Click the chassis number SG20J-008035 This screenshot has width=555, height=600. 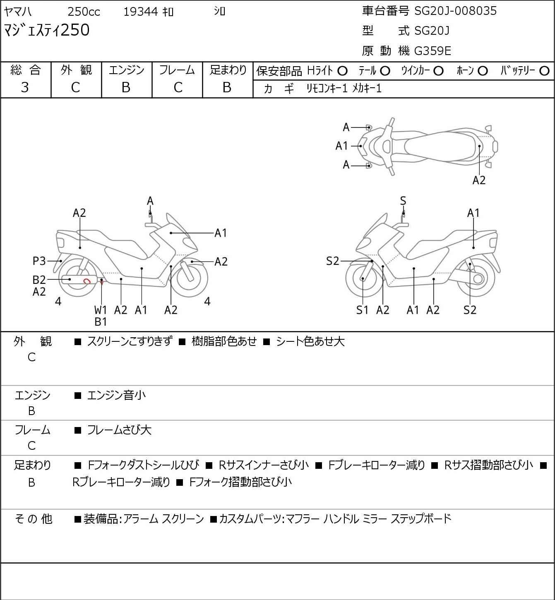pos(455,11)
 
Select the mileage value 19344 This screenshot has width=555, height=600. pos(141,12)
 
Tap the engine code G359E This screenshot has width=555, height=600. pos(432,51)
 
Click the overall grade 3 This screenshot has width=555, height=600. pos(25,87)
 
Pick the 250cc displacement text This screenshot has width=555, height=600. pos(84,12)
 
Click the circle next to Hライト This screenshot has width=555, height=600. pos(342,71)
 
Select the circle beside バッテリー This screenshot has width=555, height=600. pos(544,71)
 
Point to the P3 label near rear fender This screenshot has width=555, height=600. pos(39,261)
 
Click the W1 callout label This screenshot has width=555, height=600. pos(100,310)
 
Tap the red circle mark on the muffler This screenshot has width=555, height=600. pos(87,281)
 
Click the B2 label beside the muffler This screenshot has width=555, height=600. pos(39,280)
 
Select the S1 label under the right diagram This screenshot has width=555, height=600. pos(362,310)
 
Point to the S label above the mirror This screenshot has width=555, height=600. pos(403,201)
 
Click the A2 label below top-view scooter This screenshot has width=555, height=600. pos(479,180)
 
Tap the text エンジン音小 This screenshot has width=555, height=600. pos(116,395)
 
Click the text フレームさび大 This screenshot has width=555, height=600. pos(119,430)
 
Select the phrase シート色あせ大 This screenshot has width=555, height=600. pos(310,341)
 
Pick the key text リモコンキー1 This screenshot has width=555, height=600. pos(327,89)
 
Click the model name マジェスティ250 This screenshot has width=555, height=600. pos(46,30)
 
